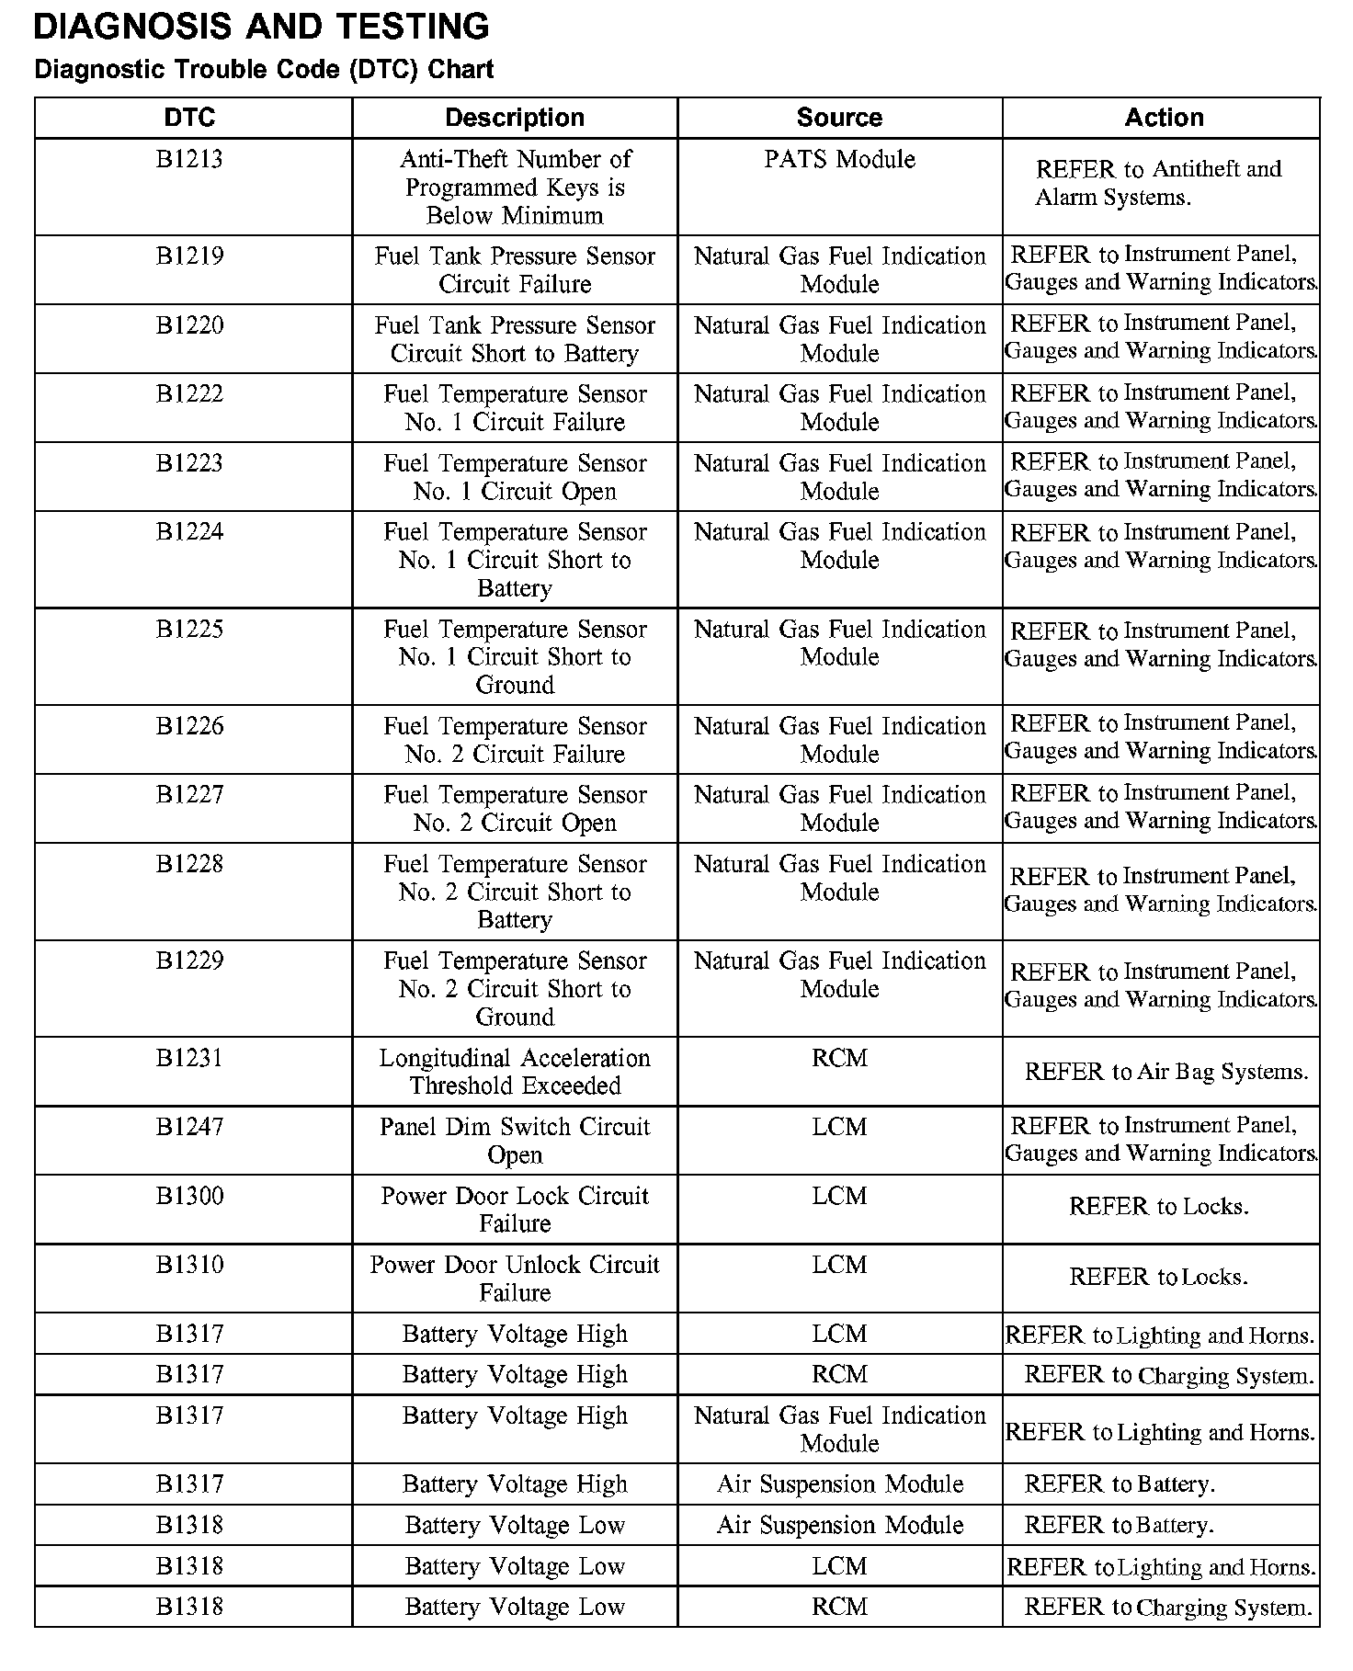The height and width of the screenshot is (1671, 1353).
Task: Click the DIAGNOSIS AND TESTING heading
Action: [x=261, y=27]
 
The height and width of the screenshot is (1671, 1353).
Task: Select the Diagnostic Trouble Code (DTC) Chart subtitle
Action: [x=264, y=70]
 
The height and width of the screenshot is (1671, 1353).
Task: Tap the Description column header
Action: [x=515, y=118]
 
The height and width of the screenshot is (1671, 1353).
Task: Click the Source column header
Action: [x=839, y=118]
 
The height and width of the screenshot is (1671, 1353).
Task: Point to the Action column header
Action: [x=1164, y=118]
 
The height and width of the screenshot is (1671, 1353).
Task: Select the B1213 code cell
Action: [x=189, y=160]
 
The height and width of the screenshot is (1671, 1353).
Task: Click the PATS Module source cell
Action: [x=839, y=160]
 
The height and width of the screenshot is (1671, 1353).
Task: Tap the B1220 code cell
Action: [x=189, y=325]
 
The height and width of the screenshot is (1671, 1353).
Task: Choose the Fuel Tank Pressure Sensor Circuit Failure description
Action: [x=515, y=270]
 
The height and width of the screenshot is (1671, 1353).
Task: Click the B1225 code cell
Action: [x=189, y=630]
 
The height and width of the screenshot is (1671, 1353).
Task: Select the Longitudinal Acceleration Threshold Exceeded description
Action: [x=515, y=1072]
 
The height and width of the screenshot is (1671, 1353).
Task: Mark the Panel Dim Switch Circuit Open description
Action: [x=515, y=1141]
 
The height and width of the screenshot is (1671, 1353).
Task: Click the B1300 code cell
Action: [x=189, y=1197]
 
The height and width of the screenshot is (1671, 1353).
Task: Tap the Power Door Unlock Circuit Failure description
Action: [x=515, y=1279]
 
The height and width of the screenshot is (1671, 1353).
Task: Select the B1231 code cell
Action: [x=189, y=1059]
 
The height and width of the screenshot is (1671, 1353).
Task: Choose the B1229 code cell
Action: [x=189, y=961]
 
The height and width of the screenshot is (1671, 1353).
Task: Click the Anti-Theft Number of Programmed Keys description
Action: [x=515, y=188]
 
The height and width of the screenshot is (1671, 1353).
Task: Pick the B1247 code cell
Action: [x=189, y=1128]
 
